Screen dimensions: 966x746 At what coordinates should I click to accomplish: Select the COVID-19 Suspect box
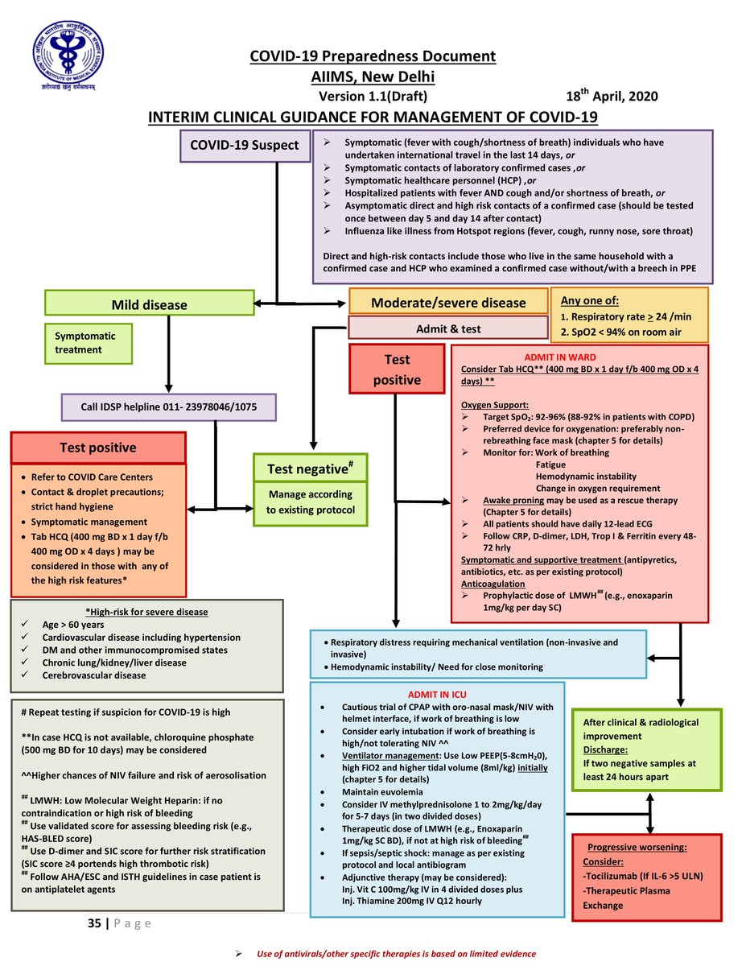[244, 146]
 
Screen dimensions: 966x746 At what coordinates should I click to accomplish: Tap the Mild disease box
[149, 304]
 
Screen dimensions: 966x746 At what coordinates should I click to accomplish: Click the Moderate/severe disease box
[447, 303]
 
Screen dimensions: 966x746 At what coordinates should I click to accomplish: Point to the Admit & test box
[447, 328]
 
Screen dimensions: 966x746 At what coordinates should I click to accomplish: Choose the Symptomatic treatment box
[88, 343]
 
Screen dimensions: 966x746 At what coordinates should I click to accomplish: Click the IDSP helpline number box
[168, 407]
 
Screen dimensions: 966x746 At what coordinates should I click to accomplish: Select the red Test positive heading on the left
[98, 448]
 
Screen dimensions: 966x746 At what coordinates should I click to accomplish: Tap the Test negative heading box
[310, 467]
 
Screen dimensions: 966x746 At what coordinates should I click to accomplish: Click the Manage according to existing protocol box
[310, 502]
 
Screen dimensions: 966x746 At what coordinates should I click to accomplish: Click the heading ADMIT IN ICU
[437, 694]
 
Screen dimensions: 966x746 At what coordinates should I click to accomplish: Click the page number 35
[94, 923]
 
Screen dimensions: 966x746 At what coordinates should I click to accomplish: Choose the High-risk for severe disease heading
[146, 612]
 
